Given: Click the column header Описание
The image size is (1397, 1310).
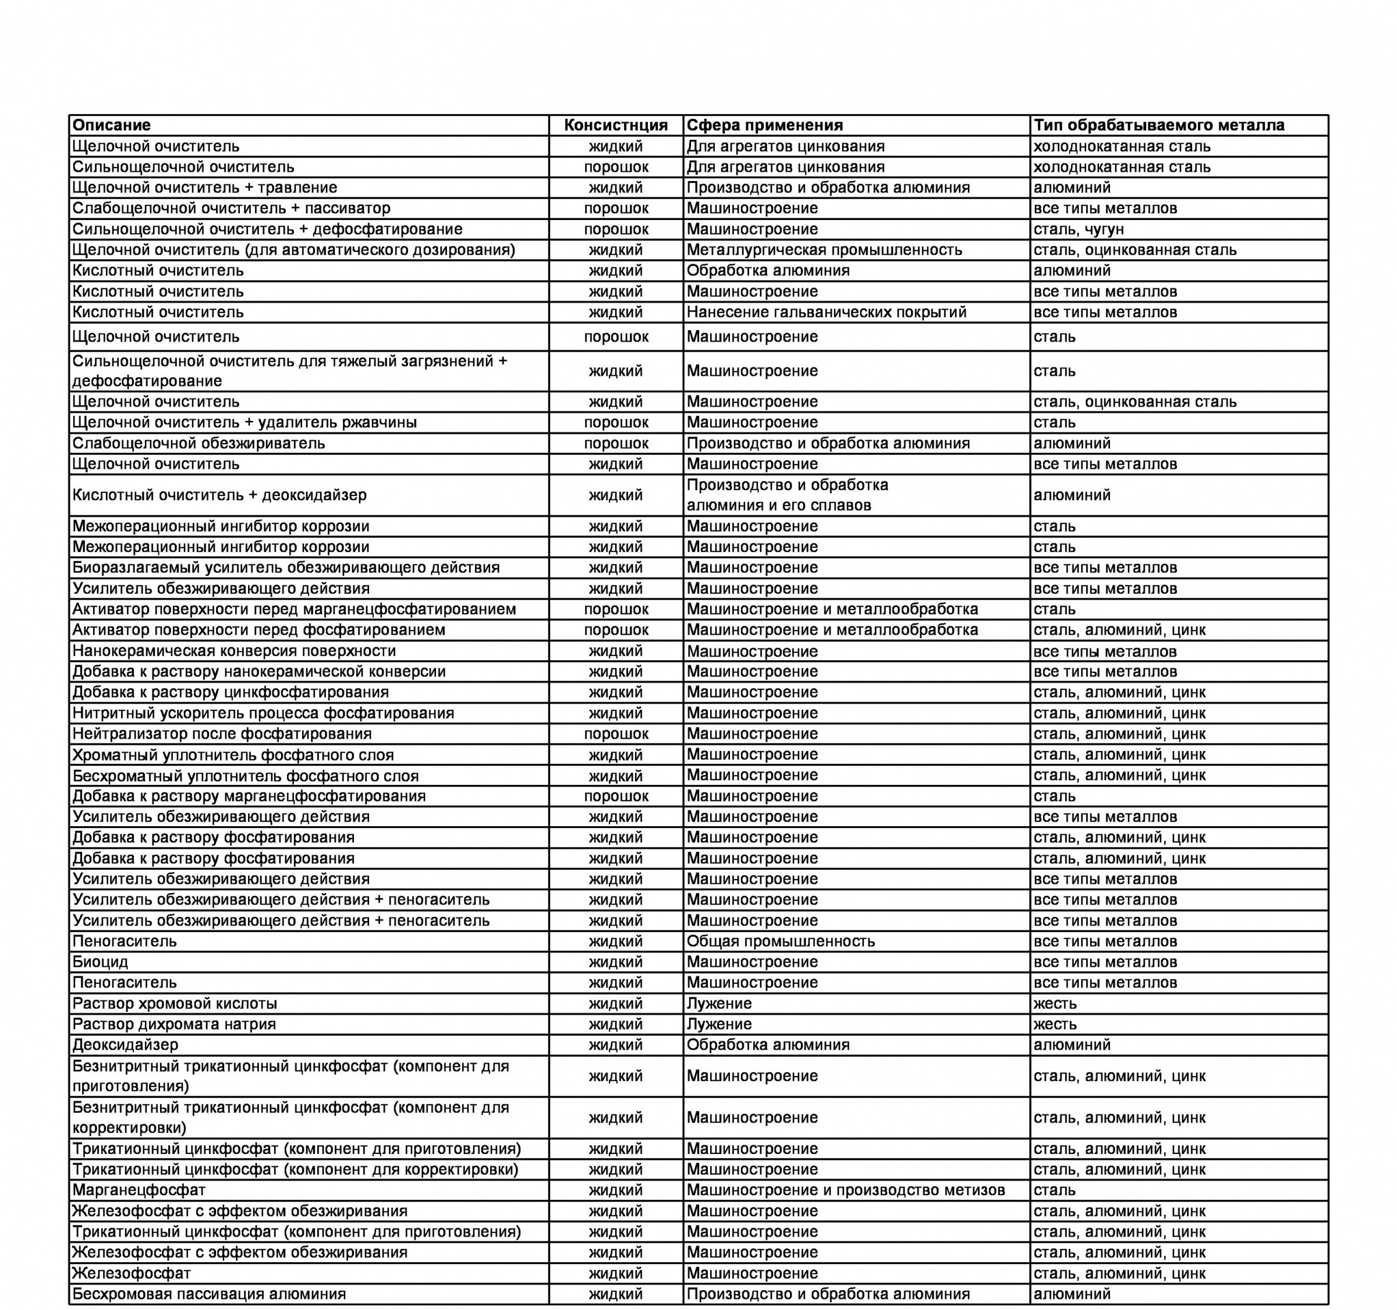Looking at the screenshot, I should tap(112, 125).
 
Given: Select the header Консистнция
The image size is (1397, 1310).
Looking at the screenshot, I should tap(616, 125).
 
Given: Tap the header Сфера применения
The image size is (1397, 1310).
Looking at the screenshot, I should tap(764, 125).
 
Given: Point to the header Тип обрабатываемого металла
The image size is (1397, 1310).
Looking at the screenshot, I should tap(1159, 125).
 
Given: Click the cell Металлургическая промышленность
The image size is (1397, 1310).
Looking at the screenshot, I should tap(824, 250).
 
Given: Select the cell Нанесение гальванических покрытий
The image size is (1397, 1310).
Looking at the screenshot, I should tap(827, 312).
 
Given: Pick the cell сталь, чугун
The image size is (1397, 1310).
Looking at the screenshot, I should tap(1079, 229).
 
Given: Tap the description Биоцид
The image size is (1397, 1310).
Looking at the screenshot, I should tap(101, 961).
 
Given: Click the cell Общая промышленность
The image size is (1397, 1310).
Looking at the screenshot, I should tap(781, 941).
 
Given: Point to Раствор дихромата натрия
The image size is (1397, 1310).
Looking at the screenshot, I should tap(174, 1024).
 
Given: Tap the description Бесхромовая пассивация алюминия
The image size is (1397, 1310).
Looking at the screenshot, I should tap(210, 1294).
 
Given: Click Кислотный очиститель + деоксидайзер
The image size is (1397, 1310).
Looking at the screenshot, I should tap(219, 495).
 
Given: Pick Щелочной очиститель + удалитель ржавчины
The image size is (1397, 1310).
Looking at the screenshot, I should tap(244, 422).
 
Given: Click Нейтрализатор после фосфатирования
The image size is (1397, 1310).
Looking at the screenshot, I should tap(222, 734).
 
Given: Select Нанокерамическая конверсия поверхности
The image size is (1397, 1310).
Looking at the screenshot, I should tap(234, 651).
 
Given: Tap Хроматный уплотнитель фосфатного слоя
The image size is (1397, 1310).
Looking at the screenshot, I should tap(233, 755).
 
